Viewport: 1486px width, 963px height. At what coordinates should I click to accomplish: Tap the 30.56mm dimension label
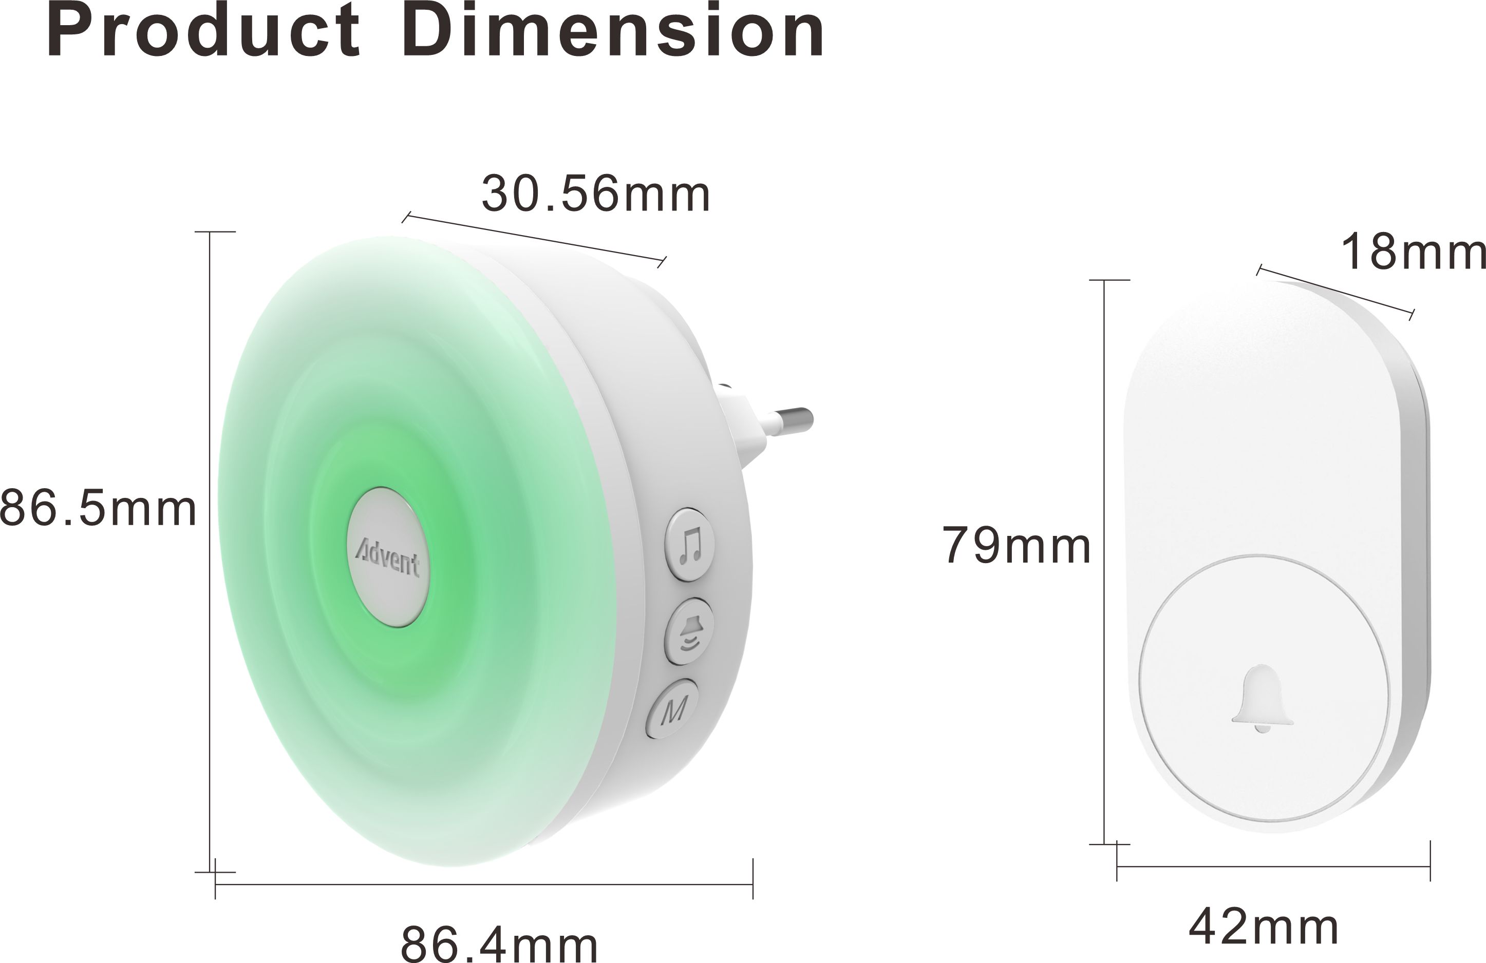click(596, 195)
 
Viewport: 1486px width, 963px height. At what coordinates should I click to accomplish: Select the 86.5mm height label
click(98, 509)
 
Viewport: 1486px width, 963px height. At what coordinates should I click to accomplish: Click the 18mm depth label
click(1413, 252)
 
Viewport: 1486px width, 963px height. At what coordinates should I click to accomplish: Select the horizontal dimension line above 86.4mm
click(484, 884)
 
